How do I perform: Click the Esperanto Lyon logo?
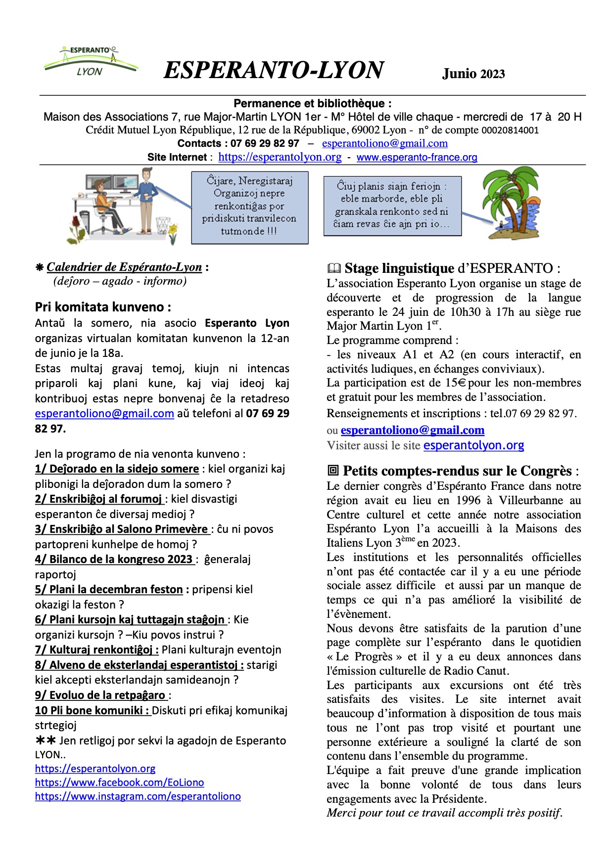point(90,62)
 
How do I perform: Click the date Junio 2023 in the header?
point(473,74)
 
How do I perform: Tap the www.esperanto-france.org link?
point(417,157)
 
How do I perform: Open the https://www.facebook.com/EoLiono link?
point(119,782)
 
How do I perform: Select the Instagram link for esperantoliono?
point(138,796)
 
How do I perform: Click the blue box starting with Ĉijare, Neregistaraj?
point(249,207)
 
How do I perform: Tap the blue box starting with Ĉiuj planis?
point(392,205)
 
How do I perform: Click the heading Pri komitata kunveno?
point(103,307)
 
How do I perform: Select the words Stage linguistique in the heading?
point(399,268)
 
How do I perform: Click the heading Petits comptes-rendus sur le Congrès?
point(457,471)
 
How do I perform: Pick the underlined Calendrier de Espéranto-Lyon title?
point(124,267)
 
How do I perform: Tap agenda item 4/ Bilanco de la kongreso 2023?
point(114,559)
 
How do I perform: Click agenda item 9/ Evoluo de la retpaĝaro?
point(100,695)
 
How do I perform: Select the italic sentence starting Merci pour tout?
point(444,813)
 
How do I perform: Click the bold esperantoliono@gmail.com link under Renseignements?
point(412,430)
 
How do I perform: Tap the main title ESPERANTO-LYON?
point(273,70)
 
